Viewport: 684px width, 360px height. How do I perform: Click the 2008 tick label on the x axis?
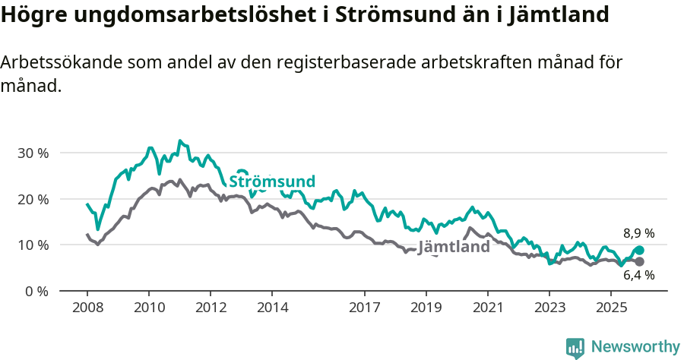tap(87, 308)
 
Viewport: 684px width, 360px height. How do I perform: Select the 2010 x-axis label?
tap(148, 308)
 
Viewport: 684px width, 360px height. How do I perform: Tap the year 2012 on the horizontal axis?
tap(211, 308)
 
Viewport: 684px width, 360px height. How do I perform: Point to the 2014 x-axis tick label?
tap(272, 308)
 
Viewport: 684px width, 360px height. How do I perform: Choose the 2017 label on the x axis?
tap(364, 308)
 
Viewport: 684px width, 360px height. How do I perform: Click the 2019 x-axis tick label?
tap(426, 308)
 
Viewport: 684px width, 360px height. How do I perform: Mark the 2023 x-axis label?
tap(549, 308)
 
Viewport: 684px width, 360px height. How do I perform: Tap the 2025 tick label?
tap(611, 308)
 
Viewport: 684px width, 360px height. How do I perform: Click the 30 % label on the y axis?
tap(32, 153)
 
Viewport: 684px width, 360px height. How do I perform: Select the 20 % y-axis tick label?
tap(32, 199)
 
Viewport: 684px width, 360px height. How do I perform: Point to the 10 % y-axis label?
tap(32, 245)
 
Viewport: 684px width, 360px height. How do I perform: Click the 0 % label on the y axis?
tap(35, 292)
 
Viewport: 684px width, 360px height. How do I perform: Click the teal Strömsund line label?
tap(271, 182)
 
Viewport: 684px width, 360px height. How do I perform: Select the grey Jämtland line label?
tap(454, 248)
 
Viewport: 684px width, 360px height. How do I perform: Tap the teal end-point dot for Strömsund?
tap(639, 251)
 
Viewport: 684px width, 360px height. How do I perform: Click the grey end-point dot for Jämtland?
tap(639, 262)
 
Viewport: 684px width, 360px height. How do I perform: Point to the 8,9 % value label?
tap(638, 234)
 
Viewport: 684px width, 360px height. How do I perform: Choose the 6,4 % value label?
tap(638, 276)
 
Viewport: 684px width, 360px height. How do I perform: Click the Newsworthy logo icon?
tap(575, 347)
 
